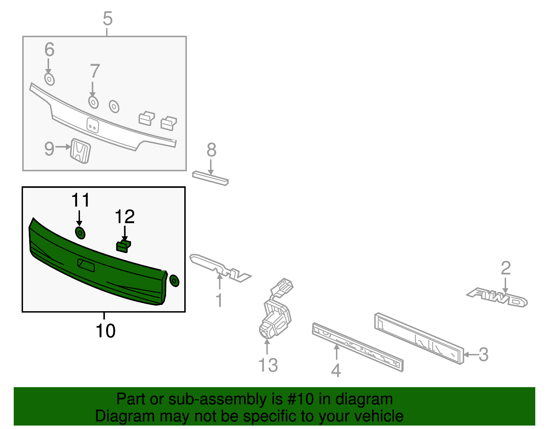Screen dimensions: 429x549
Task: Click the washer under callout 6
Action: (49, 79)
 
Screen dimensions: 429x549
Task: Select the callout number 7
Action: (95, 71)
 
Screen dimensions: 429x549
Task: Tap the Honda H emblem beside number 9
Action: (81, 151)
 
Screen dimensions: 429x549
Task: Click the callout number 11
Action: (81, 200)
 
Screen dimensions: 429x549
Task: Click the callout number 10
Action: (105, 331)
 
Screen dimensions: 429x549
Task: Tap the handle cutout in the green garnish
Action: (86, 265)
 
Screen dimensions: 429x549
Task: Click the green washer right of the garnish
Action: (174, 281)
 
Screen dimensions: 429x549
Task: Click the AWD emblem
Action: (498, 297)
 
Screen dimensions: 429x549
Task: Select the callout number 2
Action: (506, 268)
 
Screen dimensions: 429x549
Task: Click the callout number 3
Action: (483, 354)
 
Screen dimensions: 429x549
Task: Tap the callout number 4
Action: (336, 371)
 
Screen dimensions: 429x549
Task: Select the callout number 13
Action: (268, 365)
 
